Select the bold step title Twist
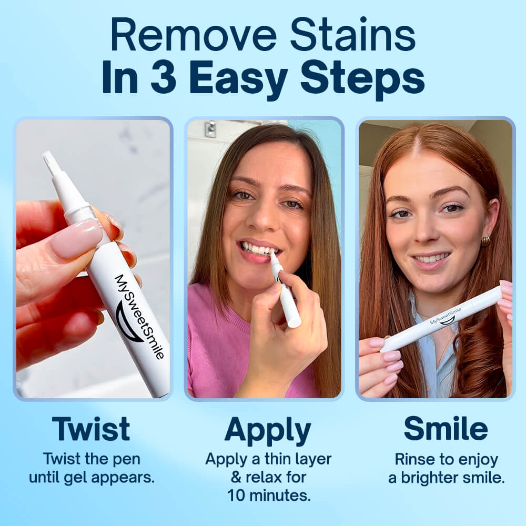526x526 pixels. coord(91,429)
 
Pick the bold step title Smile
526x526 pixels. coord(446,429)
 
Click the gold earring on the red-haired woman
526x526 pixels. coord(485,241)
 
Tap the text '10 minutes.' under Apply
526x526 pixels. coord(268,495)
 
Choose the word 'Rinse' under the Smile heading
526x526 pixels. coord(414,459)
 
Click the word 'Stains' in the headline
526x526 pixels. coord(352,35)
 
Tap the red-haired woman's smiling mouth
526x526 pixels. coord(430,259)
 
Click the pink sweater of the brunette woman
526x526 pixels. coord(216,347)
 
